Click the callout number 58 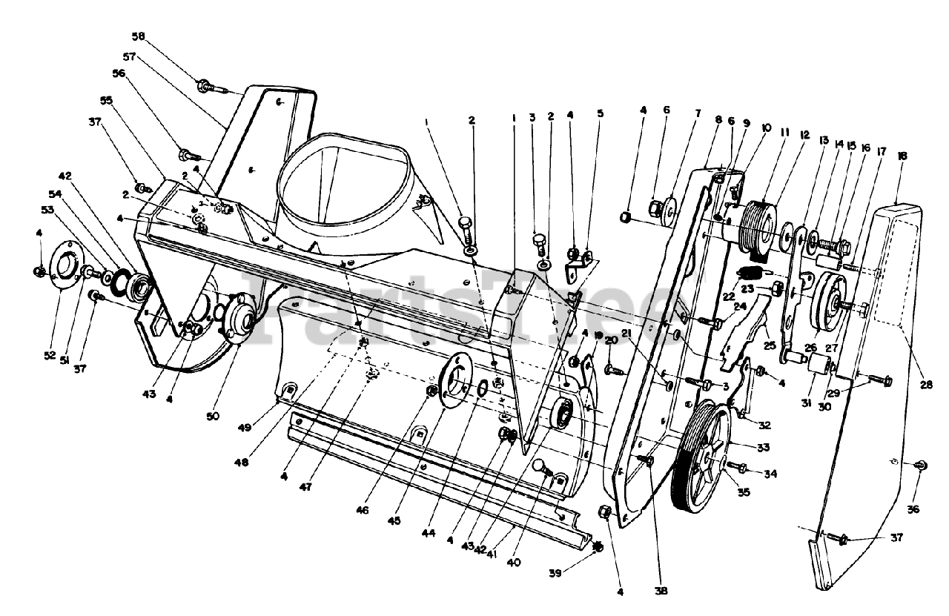pyautogui.click(x=140, y=36)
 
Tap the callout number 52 pyautogui.click(x=50, y=355)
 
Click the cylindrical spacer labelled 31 pyautogui.click(x=819, y=364)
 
